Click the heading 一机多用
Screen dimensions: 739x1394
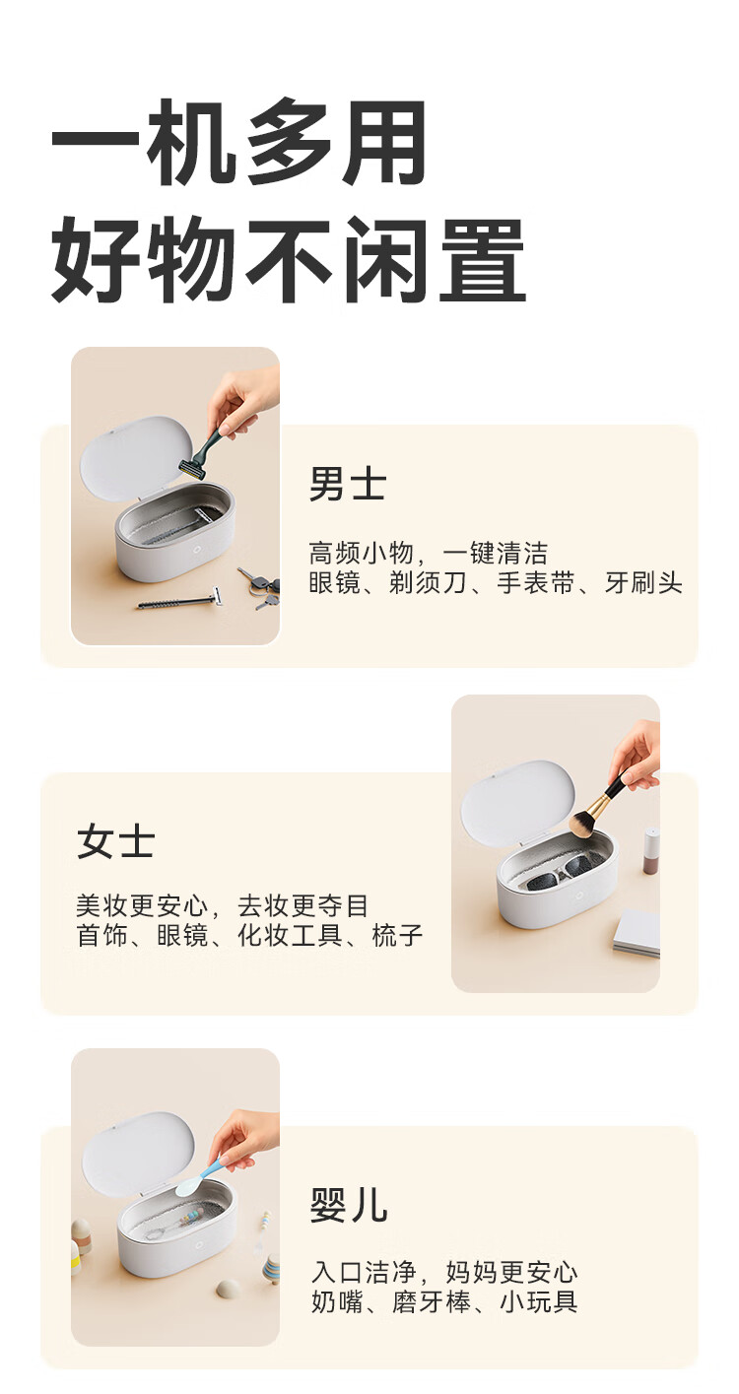click(238, 142)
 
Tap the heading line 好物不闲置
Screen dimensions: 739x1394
click(289, 259)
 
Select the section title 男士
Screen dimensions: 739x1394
click(348, 484)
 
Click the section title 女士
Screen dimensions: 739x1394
click(116, 841)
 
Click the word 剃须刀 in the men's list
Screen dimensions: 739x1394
click(428, 583)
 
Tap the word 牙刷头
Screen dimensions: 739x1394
click(643, 583)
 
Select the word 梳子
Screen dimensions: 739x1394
click(397, 935)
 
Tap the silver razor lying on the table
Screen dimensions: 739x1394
click(178, 600)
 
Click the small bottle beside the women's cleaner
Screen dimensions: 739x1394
click(651, 849)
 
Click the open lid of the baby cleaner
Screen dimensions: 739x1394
click(138, 1155)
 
